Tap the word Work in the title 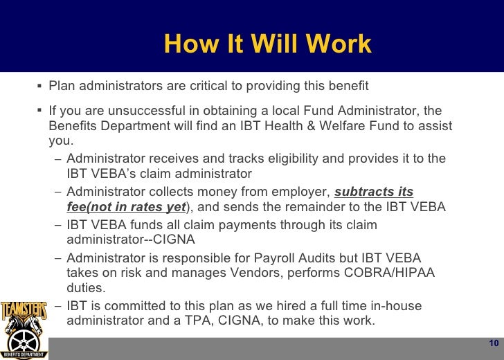pos(341,45)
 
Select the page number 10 pos(494,344)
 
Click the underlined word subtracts pos(365,192)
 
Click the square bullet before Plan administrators pos(40,86)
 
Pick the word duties pos(85,287)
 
